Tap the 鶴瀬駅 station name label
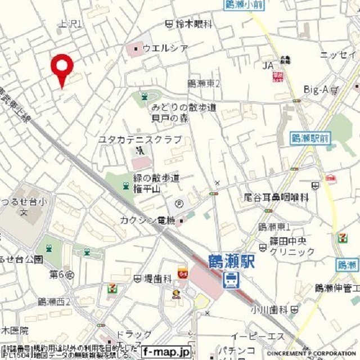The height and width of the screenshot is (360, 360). (231, 263)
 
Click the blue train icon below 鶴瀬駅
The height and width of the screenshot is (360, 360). (230, 280)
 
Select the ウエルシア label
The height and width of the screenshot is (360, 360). (165, 48)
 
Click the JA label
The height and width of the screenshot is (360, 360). (267, 66)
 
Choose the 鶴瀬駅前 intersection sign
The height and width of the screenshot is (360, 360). (311, 137)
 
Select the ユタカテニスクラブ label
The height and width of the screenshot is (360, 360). (140, 139)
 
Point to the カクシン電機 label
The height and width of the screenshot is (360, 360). (147, 220)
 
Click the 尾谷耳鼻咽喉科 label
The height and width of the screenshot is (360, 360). (276, 197)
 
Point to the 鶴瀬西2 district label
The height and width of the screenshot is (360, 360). (54, 302)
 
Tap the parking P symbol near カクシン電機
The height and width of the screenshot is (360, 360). (179, 204)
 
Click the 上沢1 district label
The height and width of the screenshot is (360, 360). (70, 24)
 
